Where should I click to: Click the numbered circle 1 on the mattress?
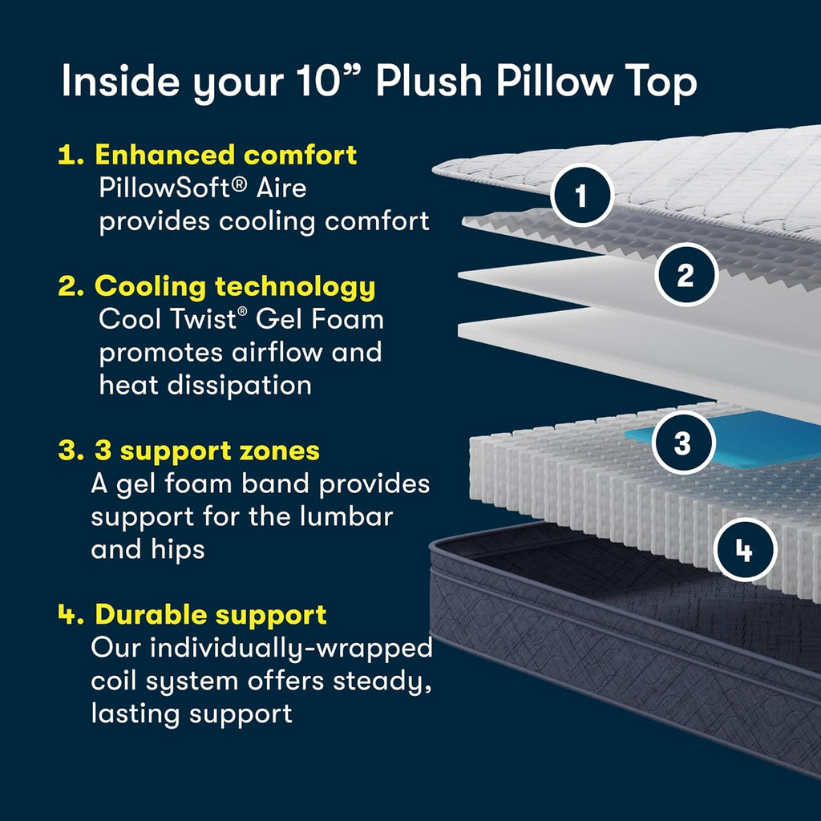(581, 196)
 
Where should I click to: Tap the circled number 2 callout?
(686, 274)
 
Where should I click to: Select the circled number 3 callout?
(683, 443)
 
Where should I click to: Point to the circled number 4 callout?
(744, 550)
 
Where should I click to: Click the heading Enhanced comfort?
(225, 155)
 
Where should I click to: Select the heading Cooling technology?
(235, 287)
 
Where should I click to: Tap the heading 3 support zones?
(207, 451)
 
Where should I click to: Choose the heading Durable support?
(211, 614)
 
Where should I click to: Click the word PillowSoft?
(172, 188)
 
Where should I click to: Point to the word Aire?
(281, 188)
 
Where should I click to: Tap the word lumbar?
(346, 516)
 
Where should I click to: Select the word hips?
(177, 550)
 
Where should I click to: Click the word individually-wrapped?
(291, 648)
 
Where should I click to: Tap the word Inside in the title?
(120, 80)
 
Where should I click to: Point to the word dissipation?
(239, 386)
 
